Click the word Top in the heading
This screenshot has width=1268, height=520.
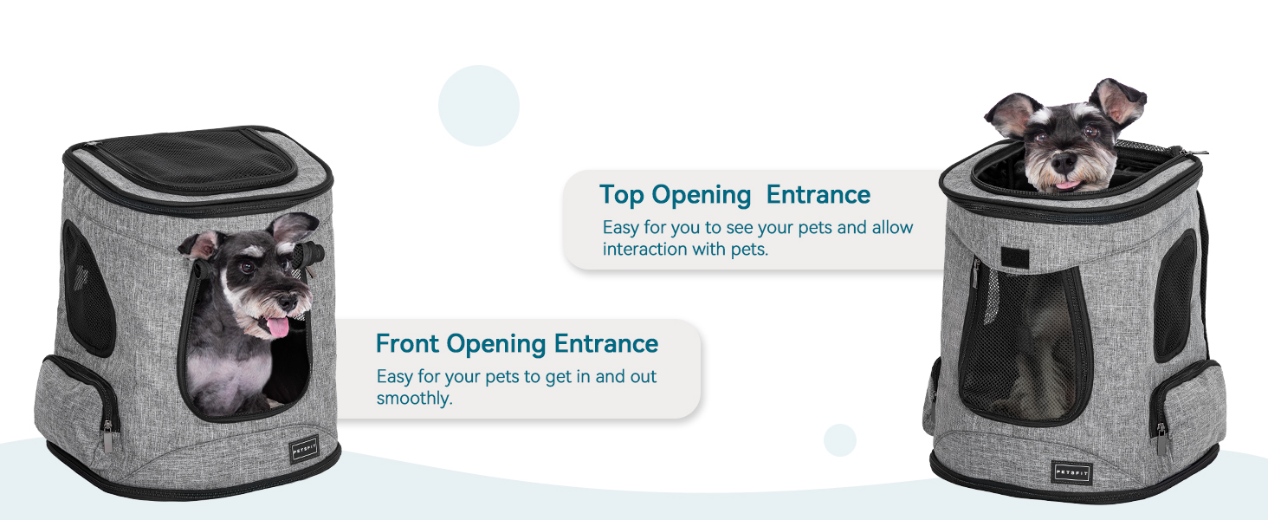click(621, 195)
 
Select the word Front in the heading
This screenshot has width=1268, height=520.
click(407, 343)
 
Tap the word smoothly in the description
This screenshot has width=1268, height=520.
click(414, 399)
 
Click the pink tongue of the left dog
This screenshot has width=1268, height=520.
click(277, 328)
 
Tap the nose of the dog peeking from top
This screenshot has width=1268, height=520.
click(1064, 163)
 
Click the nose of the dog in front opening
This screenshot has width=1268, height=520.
click(288, 302)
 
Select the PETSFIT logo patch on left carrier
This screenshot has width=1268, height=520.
click(305, 450)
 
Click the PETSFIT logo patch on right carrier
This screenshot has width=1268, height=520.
click(1071, 472)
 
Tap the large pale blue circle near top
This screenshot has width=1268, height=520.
click(479, 106)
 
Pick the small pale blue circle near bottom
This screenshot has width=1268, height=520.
click(840, 440)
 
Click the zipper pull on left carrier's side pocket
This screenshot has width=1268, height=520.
click(108, 437)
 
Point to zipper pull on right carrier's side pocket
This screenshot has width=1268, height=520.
click(1161, 439)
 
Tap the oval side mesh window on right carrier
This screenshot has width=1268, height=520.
click(1174, 296)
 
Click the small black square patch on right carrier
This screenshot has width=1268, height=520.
click(1015, 257)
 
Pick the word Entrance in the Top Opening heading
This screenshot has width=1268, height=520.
click(818, 195)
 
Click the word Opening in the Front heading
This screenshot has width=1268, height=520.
click(496, 344)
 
